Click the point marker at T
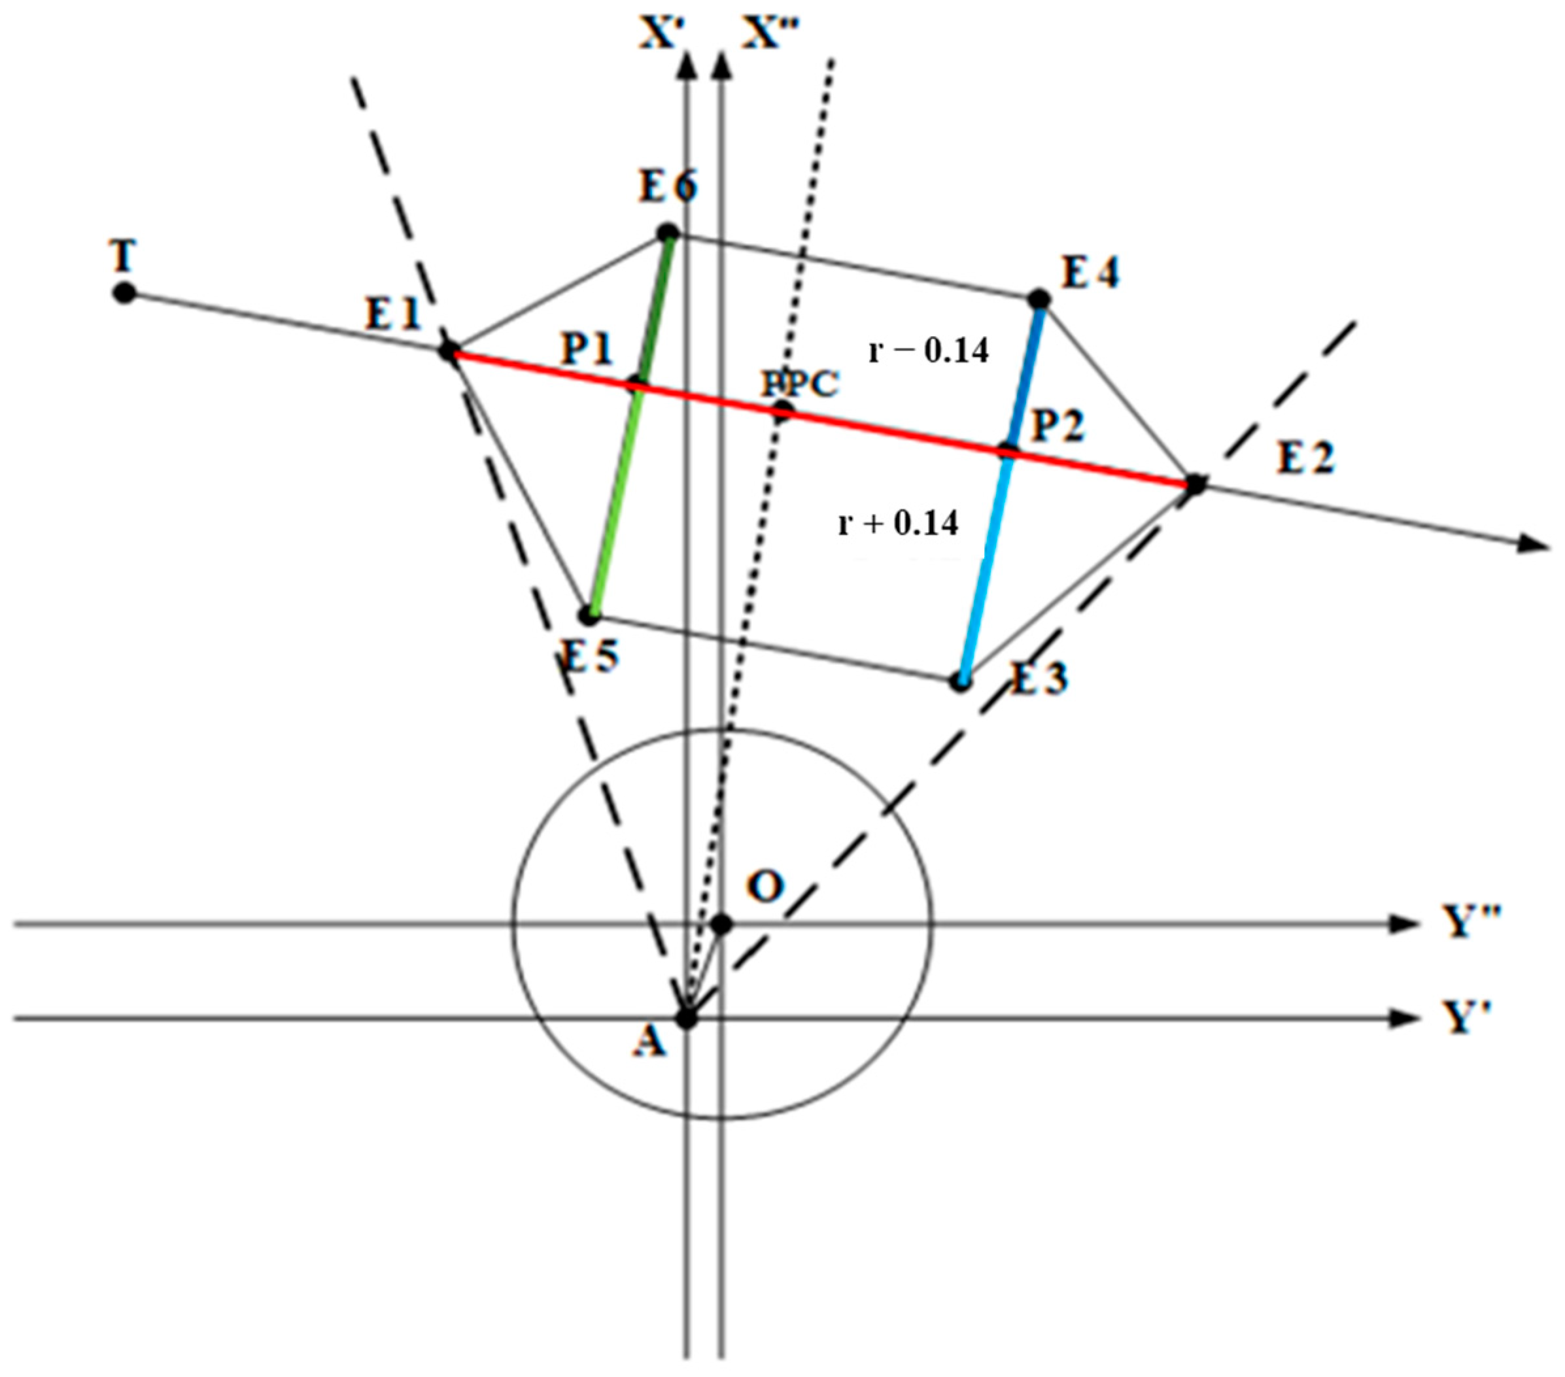124,292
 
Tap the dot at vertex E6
668,232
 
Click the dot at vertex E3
960,681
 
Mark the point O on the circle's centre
721,925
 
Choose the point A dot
686,1019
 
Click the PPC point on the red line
781,412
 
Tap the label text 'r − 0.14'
929,350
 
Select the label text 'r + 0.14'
898,524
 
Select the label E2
1305,458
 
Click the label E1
394,313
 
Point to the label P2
1058,426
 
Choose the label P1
587,349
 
